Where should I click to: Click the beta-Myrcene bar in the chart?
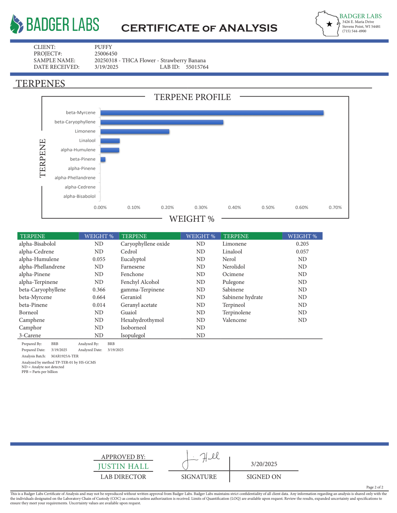[212, 113]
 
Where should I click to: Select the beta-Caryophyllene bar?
[162, 122]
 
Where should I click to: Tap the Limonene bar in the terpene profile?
[135, 131]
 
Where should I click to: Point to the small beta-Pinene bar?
[103, 159]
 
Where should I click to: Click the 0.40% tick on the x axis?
[234, 207]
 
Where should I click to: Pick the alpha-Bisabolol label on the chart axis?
[79, 196]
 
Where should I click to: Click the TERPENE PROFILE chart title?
[192, 97]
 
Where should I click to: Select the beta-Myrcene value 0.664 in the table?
[99, 297]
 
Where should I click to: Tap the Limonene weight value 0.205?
[302, 244]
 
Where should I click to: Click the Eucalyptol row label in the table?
[133, 259]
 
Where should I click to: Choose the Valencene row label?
[234, 320]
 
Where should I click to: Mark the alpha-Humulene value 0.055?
[99, 259]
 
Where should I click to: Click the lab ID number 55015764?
[197, 67]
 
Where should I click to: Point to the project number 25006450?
[106, 54]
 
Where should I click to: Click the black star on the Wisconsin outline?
[329, 24]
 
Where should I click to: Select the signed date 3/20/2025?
[264, 464]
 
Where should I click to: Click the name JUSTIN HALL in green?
[123, 466]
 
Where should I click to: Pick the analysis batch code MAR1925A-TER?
[65, 356]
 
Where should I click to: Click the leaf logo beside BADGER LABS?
[16, 24]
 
